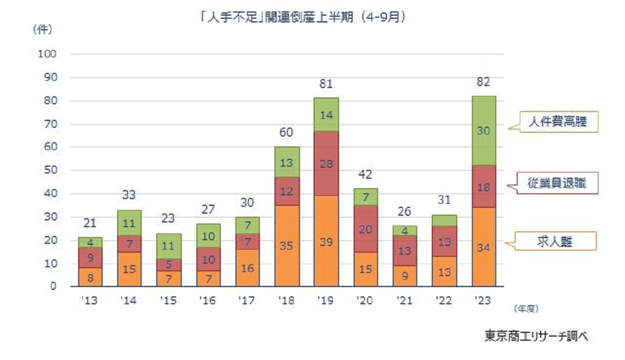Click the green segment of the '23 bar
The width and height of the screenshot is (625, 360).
[484, 131]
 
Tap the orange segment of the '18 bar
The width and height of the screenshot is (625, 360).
[286, 245]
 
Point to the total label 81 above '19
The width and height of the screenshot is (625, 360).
[326, 84]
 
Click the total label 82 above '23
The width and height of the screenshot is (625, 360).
[484, 82]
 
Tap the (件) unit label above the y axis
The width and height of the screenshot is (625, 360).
[42, 30]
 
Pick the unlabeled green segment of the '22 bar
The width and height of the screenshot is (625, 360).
[444, 220]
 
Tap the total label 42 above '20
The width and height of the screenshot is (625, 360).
[365, 175]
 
